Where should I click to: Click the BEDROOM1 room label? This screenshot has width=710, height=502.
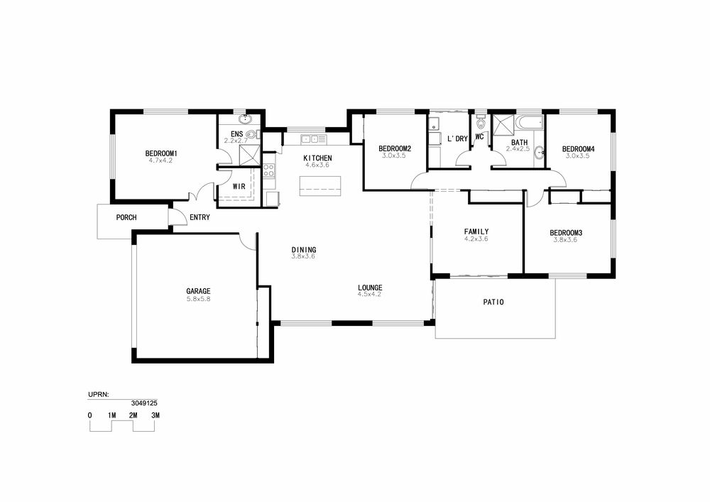pos(160,153)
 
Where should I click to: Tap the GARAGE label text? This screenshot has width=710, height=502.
pos(198,291)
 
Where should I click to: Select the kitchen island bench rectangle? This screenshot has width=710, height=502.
pos(320,186)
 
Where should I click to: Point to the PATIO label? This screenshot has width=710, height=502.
pos(493,302)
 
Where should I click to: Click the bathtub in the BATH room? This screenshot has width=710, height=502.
pos(530,122)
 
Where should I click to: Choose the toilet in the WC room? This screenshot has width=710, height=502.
pos(481,122)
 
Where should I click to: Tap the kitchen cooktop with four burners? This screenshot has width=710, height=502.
pos(268,170)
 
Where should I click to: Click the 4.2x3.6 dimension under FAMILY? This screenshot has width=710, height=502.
pos(476,239)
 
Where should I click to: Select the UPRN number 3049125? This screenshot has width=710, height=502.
pos(144,403)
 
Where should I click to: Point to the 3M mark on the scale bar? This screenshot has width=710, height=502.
pos(155,415)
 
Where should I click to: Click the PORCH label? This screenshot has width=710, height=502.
pos(126,217)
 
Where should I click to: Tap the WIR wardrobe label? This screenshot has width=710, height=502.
pos(239,187)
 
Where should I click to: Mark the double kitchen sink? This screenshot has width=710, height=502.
pos(313,139)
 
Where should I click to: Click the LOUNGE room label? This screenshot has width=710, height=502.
pos(370,288)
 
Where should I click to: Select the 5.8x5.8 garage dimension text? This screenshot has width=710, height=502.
pos(198,299)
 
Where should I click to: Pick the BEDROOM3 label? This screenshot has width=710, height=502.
pos(566,233)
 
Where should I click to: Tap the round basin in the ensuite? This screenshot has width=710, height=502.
pos(245,119)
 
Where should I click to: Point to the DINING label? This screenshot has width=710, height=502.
pos(304,249)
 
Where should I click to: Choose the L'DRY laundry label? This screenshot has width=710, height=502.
pos(457,138)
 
